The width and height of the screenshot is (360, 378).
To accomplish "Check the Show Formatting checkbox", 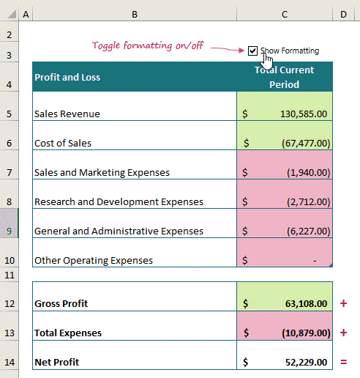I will click(x=252, y=51).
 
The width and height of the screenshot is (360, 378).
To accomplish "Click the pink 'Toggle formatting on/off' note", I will click(x=148, y=45).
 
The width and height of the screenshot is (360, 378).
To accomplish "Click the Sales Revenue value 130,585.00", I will click(x=303, y=114).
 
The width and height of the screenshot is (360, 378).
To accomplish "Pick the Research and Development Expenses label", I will click(x=119, y=201).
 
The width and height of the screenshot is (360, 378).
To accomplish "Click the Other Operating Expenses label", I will click(x=94, y=260).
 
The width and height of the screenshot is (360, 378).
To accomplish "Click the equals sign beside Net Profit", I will click(x=344, y=361).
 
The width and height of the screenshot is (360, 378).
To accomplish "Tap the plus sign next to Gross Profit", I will click(x=344, y=303).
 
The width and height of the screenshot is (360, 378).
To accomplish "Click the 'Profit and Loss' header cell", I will click(x=67, y=77).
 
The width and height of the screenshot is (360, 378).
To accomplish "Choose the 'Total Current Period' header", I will click(x=285, y=77).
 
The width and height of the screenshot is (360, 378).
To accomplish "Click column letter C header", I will click(x=285, y=14).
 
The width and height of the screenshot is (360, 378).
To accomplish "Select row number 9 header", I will click(x=9, y=231).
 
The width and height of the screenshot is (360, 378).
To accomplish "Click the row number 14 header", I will click(x=9, y=362).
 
